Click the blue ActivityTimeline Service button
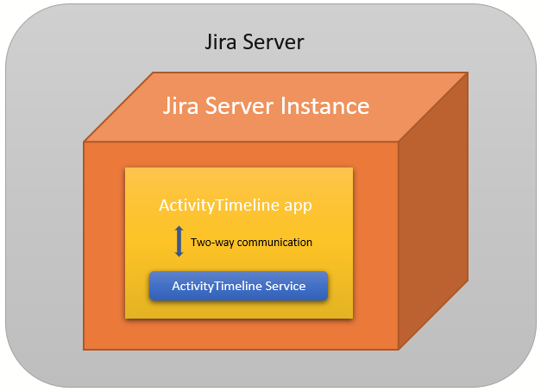pyautogui.click(x=239, y=286)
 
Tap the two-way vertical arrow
pyautogui.click(x=179, y=241)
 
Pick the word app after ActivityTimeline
pyautogui.click(x=297, y=205)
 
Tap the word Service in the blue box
pyautogui.click(x=283, y=286)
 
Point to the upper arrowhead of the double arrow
pyautogui.click(x=179, y=230)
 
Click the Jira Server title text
pyautogui.click(x=254, y=42)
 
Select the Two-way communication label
pyautogui.click(x=251, y=243)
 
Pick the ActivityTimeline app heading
pyautogui.click(x=235, y=205)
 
